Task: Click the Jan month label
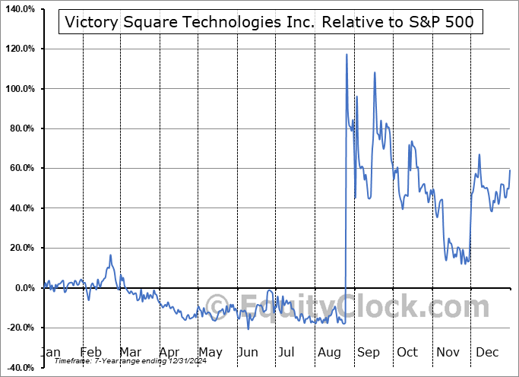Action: click(49, 352)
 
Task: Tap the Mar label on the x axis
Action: click(129, 352)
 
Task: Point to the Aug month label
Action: click(328, 352)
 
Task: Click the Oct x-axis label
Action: click(407, 352)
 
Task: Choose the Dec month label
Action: click(486, 352)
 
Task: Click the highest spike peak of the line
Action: click(347, 55)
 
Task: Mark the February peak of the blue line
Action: click(110, 255)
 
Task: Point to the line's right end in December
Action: click(509, 169)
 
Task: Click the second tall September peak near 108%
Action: click(375, 73)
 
